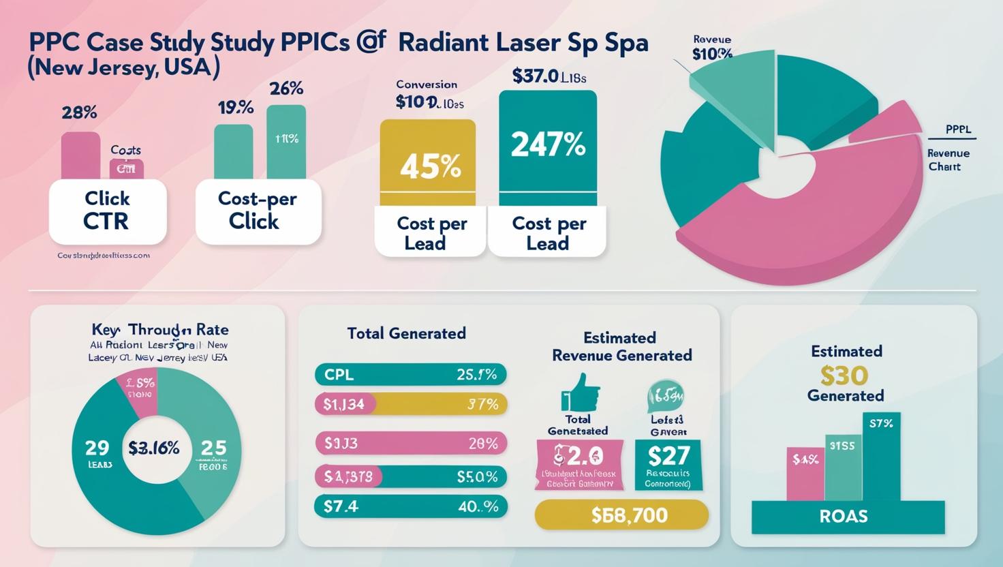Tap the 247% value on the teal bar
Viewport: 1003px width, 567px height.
pos(548,144)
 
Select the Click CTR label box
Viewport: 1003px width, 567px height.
pos(107,211)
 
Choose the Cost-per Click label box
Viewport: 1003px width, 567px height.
pos(257,210)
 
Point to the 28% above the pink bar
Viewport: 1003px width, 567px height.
pos(79,112)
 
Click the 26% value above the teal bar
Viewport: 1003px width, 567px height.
pos(286,89)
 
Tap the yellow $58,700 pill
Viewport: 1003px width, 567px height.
pos(621,515)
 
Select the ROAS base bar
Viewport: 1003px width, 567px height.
pos(847,516)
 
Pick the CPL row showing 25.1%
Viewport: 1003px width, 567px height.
pos(410,374)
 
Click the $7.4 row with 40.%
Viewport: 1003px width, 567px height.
pos(410,506)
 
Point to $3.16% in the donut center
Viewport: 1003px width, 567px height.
pos(154,448)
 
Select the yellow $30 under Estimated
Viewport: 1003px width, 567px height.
pos(844,375)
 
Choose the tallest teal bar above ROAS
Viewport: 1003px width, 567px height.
pos(882,457)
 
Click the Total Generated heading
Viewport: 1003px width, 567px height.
pos(406,333)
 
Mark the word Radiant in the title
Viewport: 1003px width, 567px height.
pos(443,43)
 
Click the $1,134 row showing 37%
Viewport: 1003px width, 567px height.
pos(410,404)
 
